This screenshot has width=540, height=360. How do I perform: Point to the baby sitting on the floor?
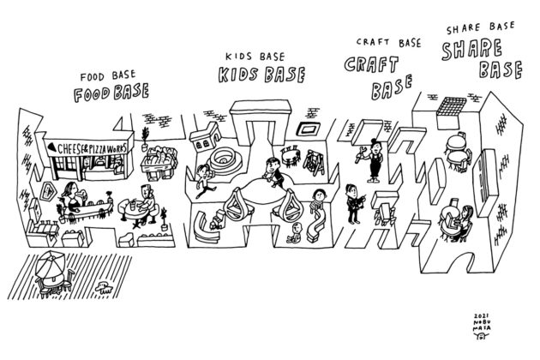(x=295, y=233)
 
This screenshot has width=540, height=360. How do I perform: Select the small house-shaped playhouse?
(x=206, y=135)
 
